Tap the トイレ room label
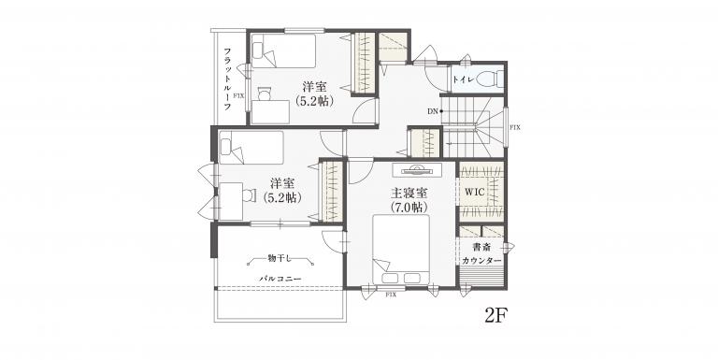click(x=464, y=79)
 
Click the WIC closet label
click(x=474, y=192)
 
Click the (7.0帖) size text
click(x=409, y=208)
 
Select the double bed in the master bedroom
click(x=401, y=250)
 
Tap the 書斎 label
click(x=481, y=248)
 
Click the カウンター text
click(x=481, y=260)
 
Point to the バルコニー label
click(x=280, y=278)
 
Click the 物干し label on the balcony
click(x=280, y=259)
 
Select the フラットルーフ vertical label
click(x=226, y=79)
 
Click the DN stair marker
click(x=433, y=111)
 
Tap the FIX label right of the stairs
click(x=515, y=127)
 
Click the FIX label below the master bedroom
click(x=391, y=295)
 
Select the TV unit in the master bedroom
click(x=417, y=170)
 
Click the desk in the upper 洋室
click(x=270, y=112)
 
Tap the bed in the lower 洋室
click(x=251, y=148)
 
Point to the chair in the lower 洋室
click(x=249, y=194)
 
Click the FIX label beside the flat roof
click(x=238, y=96)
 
